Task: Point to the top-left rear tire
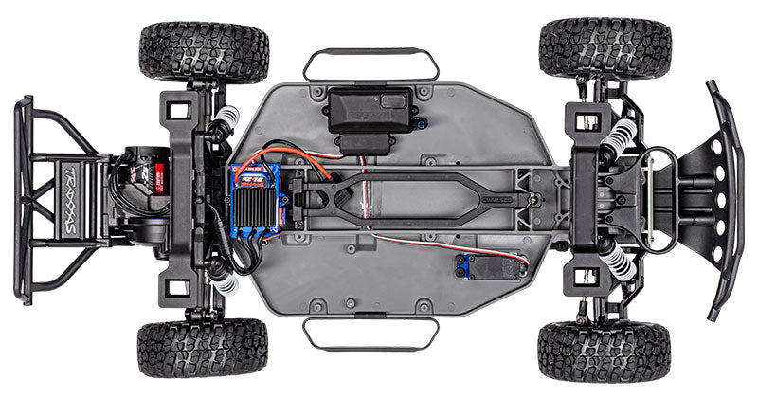tap(204, 52)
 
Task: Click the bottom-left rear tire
tap(204, 348)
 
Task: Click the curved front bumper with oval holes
tap(725, 199)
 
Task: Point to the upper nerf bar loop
tap(370, 63)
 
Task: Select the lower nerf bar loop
tap(370, 332)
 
